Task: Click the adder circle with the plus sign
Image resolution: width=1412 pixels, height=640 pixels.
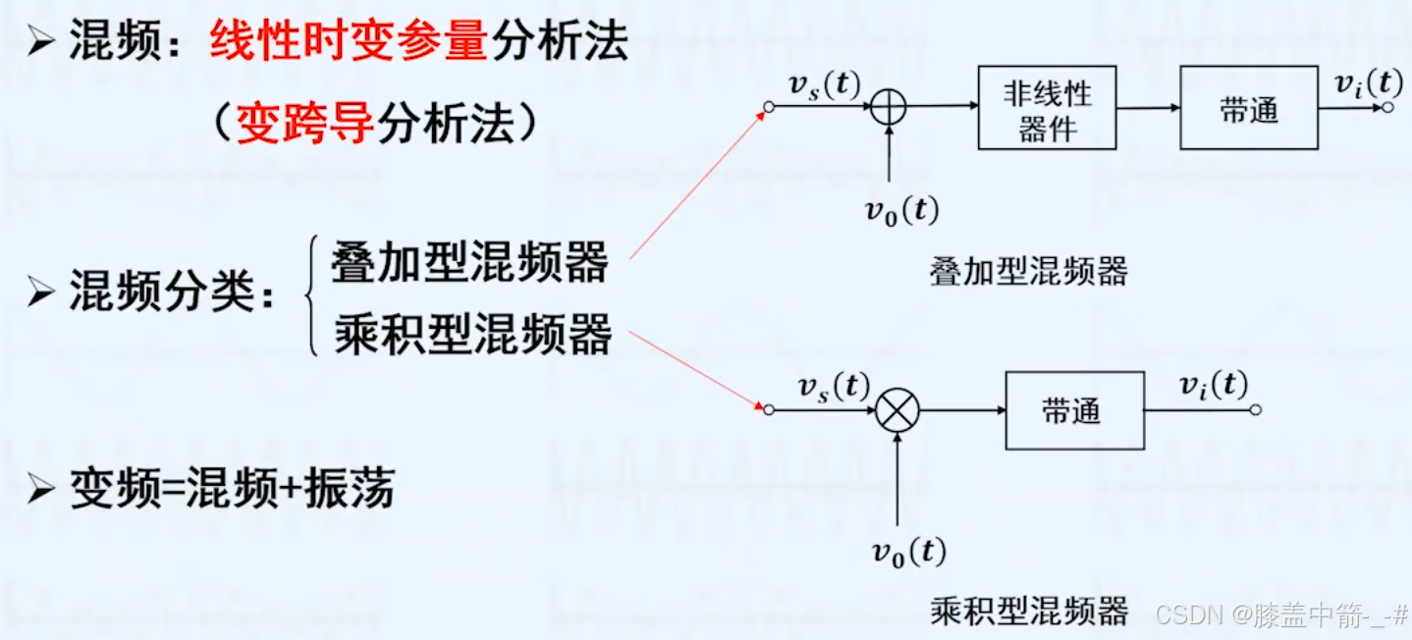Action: (888, 107)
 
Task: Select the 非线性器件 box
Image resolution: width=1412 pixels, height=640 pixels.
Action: (1047, 109)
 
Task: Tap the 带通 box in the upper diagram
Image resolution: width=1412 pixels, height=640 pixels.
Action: (1249, 108)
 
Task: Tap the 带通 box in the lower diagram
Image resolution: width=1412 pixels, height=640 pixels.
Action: (1074, 410)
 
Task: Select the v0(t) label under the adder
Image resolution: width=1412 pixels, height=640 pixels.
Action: (901, 209)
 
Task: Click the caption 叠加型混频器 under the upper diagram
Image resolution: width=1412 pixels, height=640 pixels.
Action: (1028, 271)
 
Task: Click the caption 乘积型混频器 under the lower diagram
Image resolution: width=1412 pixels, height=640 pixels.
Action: (1028, 612)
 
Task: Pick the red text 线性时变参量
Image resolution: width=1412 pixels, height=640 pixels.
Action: (349, 43)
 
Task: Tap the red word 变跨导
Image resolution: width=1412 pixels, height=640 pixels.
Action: (305, 124)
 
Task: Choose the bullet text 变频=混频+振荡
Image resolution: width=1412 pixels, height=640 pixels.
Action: (232, 488)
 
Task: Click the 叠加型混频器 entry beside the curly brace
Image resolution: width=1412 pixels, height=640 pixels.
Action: (470, 262)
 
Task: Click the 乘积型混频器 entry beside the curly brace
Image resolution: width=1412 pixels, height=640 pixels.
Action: (472, 334)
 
